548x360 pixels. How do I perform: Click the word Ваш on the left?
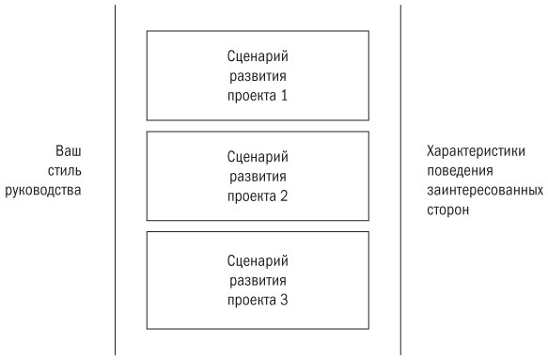pos(69,151)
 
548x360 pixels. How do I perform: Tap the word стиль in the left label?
pos(65,171)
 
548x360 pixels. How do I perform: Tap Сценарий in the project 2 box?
pos(258,157)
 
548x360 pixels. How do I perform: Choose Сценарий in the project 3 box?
pos(258,259)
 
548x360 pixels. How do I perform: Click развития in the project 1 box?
pos(258,75)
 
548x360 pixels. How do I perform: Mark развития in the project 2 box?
pos(258,177)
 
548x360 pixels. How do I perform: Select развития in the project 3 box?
pos(258,279)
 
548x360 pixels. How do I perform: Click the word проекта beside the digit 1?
pos(250,95)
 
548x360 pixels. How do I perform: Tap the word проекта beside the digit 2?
pos(250,196)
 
